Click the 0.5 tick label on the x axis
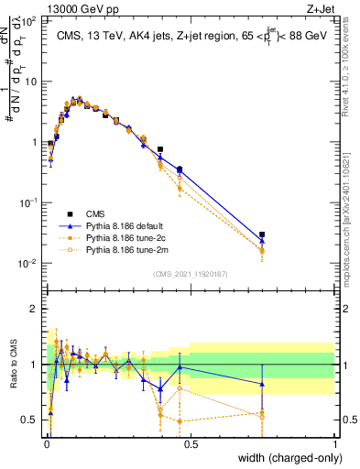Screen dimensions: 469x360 191,444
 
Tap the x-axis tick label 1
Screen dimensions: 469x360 334,444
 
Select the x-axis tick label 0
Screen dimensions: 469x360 46,444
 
